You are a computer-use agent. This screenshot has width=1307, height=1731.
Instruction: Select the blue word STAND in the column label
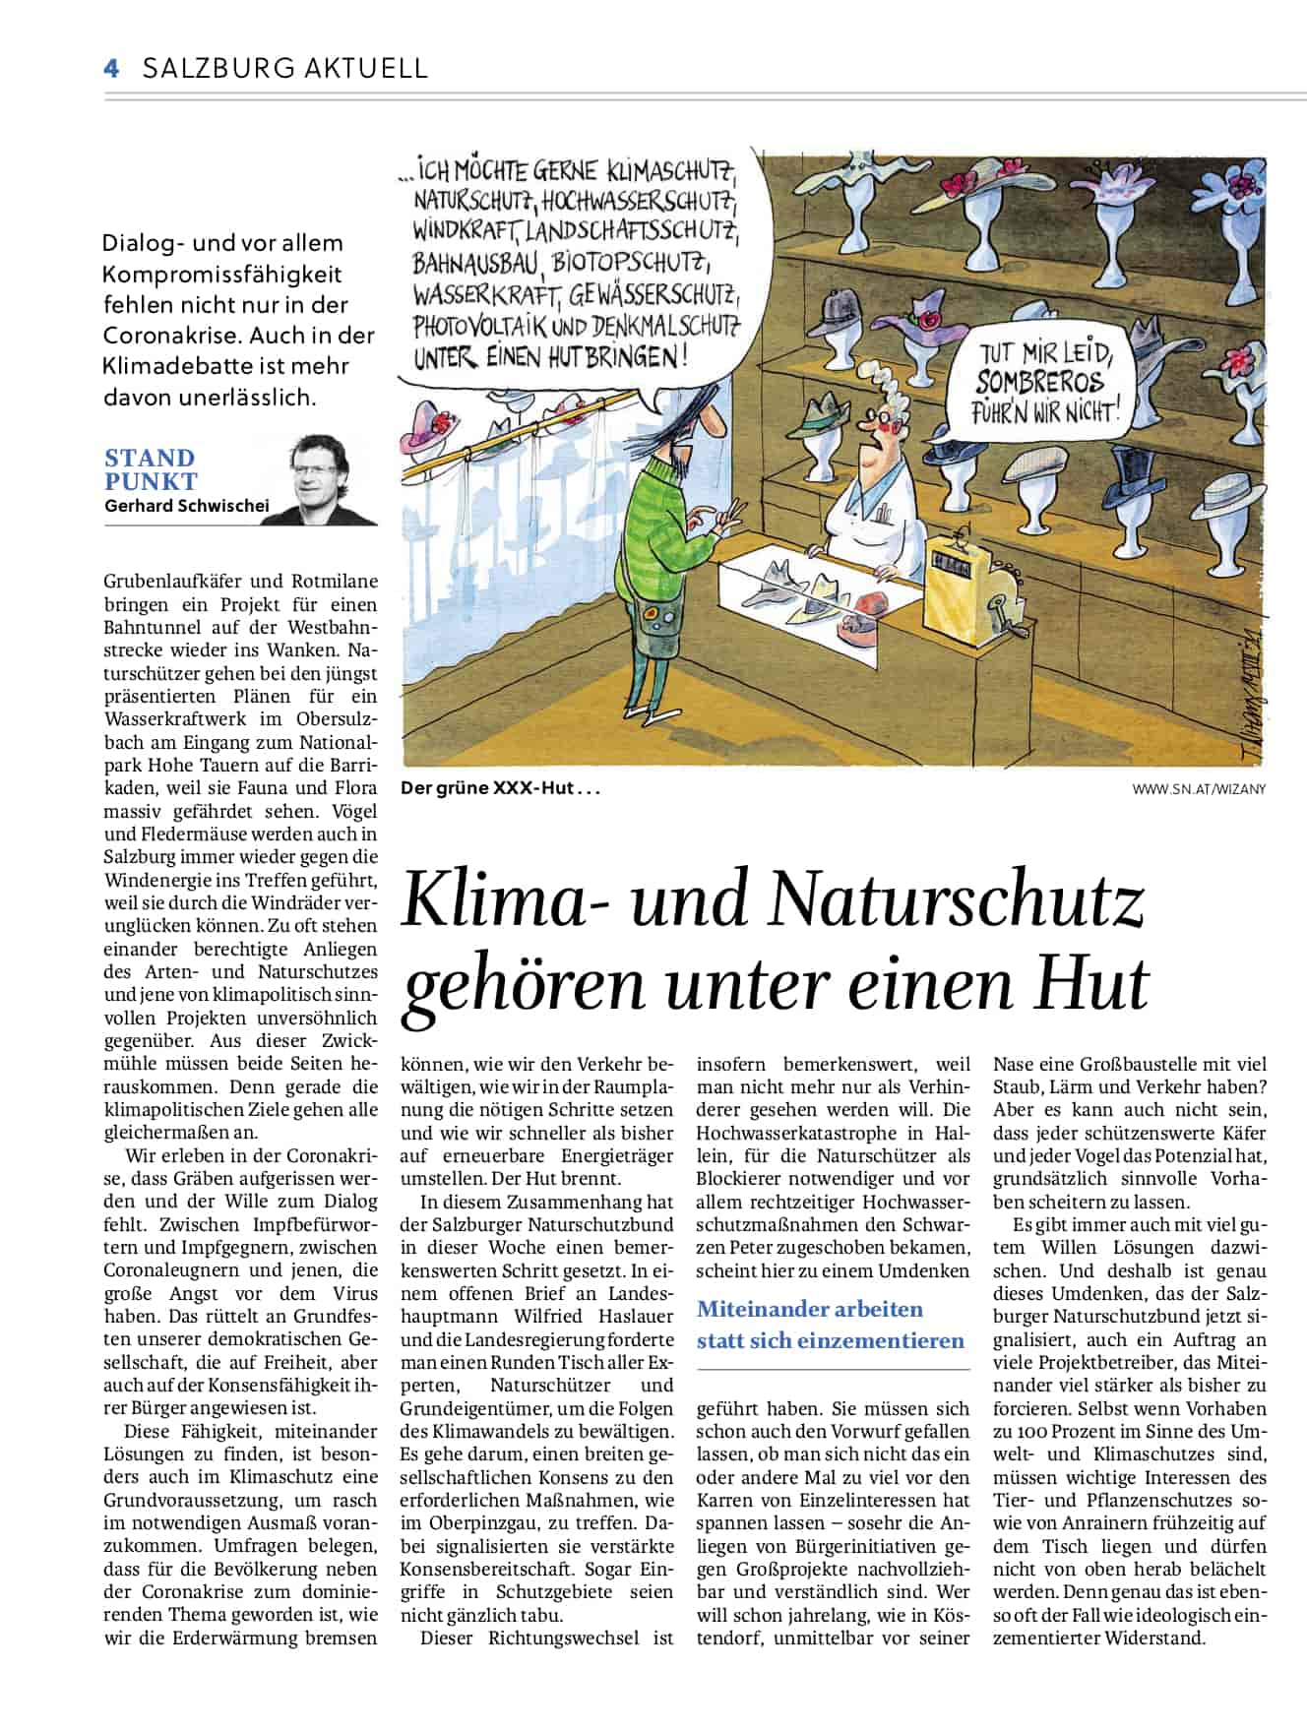[x=150, y=458]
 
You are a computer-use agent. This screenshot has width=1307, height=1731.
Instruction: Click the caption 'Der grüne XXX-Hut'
[x=499, y=788]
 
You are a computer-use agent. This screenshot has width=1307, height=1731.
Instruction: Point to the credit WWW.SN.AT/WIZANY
[x=1198, y=788]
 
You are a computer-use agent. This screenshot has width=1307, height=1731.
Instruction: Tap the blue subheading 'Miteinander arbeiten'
[x=809, y=1309]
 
